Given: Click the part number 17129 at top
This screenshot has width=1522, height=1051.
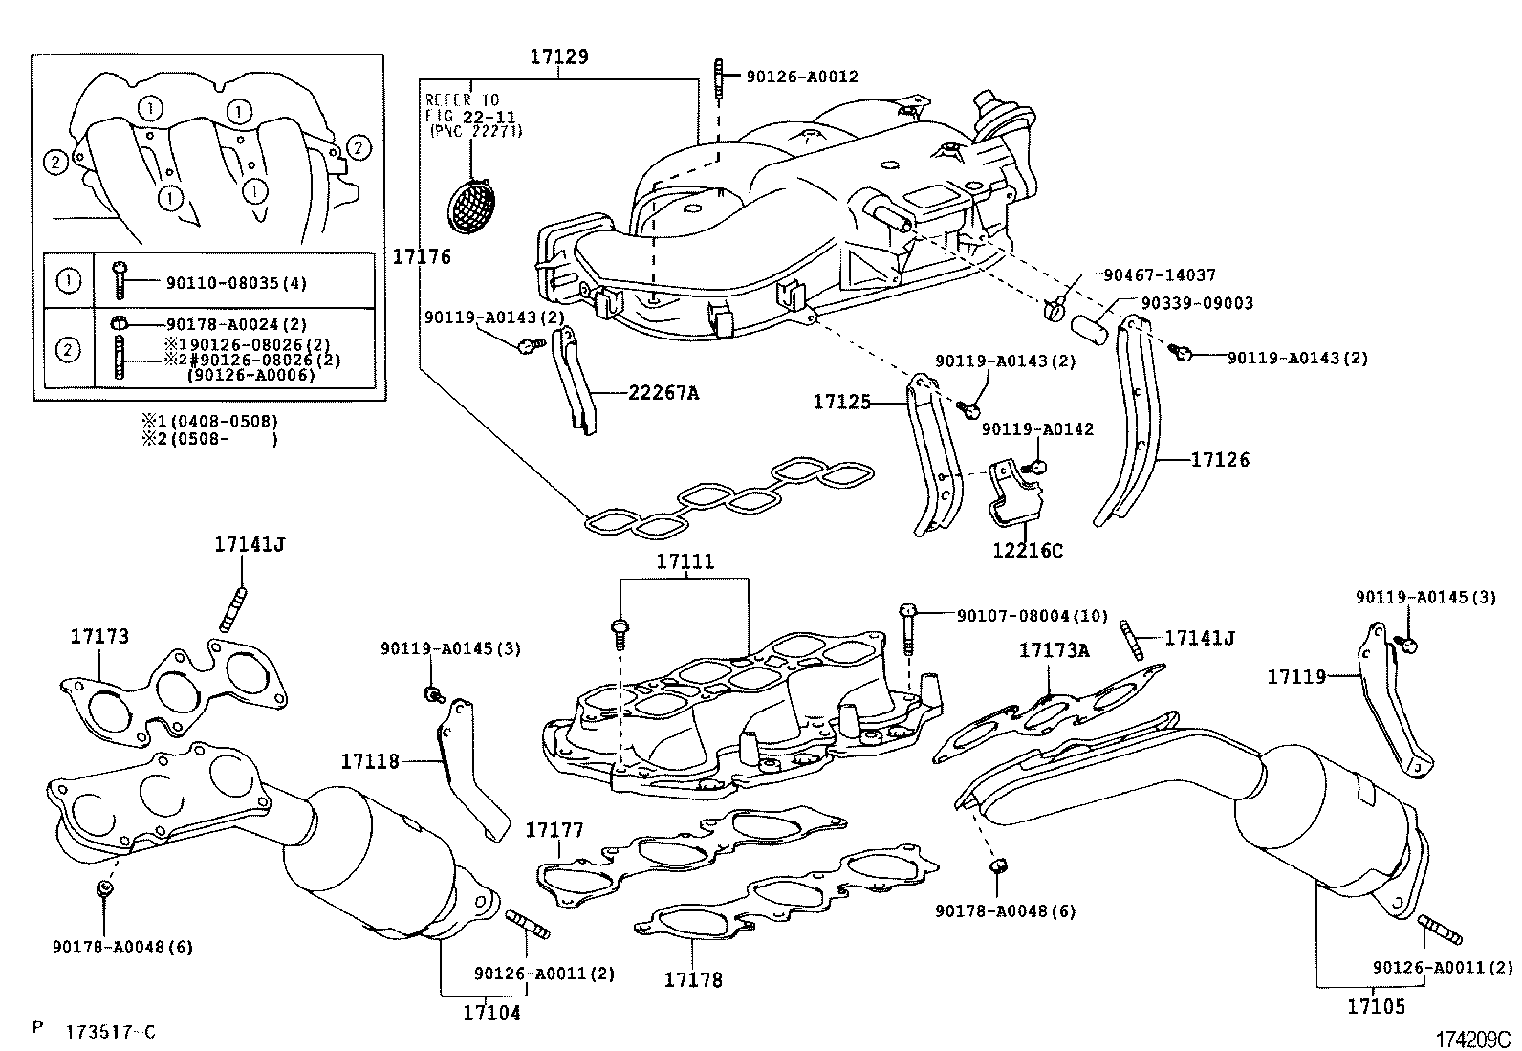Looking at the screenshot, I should [x=559, y=56].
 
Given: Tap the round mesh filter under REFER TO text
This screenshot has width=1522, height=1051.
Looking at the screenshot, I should [x=473, y=205].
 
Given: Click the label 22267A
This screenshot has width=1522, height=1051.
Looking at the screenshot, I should [x=663, y=393].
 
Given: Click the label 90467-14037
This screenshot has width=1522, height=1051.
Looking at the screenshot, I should [x=1159, y=275].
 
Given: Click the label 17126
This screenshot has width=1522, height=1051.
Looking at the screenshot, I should [x=1220, y=460].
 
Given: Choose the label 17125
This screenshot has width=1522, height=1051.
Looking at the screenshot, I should [x=842, y=403].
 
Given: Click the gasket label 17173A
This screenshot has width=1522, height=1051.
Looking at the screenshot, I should [x=1054, y=650].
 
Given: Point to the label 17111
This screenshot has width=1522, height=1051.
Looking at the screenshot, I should [x=685, y=562].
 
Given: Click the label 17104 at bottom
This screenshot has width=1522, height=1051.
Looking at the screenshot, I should [x=492, y=1013].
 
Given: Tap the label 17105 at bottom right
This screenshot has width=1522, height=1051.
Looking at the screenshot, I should [x=1376, y=1006].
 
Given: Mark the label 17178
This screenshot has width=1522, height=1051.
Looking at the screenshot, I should [x=693, y=980].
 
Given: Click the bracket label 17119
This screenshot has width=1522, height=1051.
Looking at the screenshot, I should [x=1296, y=677].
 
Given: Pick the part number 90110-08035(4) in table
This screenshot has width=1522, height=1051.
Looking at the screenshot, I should [x=236, y=283].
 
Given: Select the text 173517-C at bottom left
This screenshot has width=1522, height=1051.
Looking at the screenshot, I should [x=110, y=1032].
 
